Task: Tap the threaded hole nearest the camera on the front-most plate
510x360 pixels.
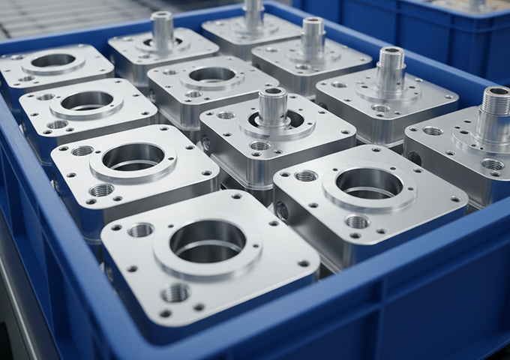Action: (x=175, y=292)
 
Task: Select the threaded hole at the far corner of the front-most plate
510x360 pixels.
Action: (x=140, y=229)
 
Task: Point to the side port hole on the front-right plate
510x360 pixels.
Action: (x=282, y=211)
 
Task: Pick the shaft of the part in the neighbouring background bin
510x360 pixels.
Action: (x=477, y=4)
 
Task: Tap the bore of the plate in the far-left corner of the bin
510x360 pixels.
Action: (x=52, y=61)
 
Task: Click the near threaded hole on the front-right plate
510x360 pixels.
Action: (x=357, y=221)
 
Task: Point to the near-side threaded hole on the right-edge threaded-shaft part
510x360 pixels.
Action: (x=492, y=164)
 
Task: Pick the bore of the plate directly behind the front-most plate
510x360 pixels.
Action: (x=133, y=157)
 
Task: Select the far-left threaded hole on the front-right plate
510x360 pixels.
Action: (x=305, y=175)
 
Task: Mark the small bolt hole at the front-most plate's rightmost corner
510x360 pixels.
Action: (x=304, y=263)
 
